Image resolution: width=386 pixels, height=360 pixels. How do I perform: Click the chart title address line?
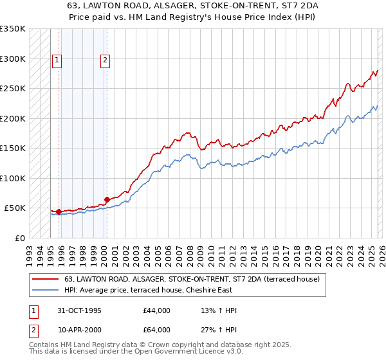coord(192,6)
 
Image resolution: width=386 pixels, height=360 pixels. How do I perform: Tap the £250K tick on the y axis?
coord(12,88)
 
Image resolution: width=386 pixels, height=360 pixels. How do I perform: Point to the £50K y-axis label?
coord(15,208)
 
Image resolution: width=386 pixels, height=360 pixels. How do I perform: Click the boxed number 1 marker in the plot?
coord(57,61)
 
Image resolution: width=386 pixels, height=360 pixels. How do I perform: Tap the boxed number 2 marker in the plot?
coord(104,61)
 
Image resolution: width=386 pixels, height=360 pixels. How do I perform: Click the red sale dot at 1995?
coord(59,212)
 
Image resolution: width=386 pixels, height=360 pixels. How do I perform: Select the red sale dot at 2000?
coord(107,199)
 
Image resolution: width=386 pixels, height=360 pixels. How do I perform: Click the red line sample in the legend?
coord(46,280)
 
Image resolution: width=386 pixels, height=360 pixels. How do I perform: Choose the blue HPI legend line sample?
coord(46,291)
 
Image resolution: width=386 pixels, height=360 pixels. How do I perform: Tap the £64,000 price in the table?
coord(157,330)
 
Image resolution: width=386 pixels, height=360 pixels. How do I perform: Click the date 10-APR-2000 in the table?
coord(78,330)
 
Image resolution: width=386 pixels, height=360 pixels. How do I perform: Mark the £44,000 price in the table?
coord(157,310)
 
